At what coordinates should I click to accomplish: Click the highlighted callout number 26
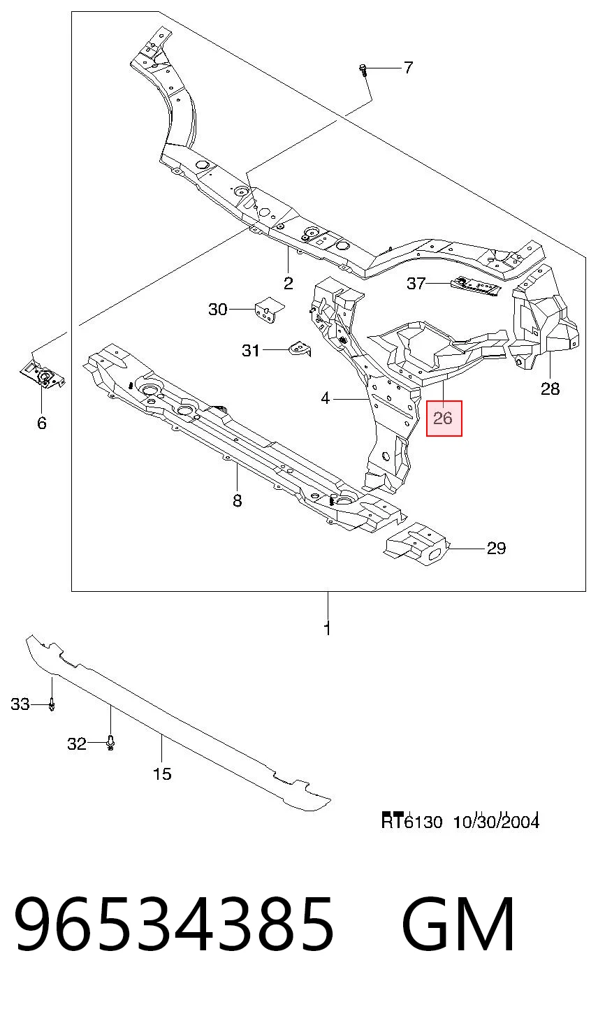pos(443,418)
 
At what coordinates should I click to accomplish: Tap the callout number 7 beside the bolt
pos(407,68)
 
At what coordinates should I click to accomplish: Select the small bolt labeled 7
pos(363,70)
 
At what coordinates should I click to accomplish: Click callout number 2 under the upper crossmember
pos(289,283)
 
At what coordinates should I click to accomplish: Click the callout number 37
pos(416,283)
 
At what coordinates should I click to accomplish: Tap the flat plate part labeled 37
pos(476,286)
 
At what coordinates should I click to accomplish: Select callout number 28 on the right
pos(550,389)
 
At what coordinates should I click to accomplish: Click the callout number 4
pos(326,398)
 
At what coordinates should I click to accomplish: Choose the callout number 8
pos(238,500)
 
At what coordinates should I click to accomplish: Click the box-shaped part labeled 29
pos(416,544)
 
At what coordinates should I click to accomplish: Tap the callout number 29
pos(496,549)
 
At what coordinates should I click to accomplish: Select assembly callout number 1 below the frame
pos(328,628)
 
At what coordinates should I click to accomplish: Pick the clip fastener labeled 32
pos(110,743)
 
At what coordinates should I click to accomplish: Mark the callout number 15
pos(162,774)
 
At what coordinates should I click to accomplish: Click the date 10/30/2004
pos(496,822)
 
